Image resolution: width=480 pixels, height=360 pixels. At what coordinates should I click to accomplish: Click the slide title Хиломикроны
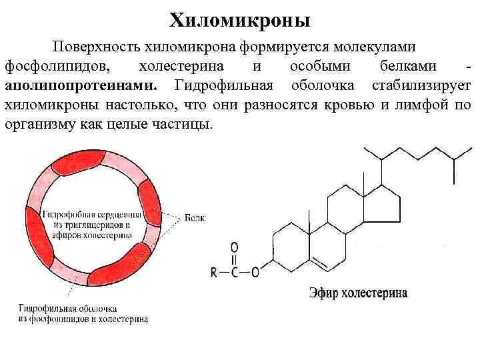(x=240, y=20)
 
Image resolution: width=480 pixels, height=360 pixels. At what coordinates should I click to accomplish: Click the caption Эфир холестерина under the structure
(x=358, y=293)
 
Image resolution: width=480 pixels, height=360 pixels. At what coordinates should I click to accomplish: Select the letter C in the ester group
(x=235, y=271)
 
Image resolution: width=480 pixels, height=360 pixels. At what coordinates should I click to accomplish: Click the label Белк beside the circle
(x=195, y=218)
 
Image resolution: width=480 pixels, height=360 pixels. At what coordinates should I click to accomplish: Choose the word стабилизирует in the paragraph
(x=421, y=86)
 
